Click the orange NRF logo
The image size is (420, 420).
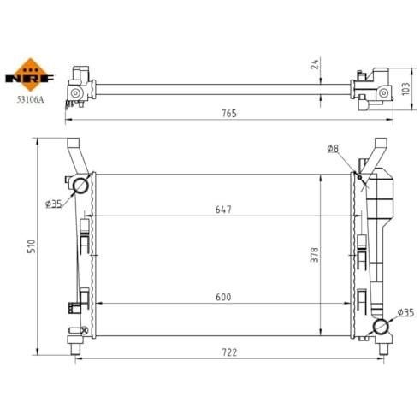30,75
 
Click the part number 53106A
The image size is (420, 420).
30,99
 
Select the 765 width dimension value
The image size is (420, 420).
229,114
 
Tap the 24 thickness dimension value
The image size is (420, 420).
315,64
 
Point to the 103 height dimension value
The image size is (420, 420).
406,89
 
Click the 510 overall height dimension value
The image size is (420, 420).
31,246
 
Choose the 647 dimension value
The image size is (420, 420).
223,210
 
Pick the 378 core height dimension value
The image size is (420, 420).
315,255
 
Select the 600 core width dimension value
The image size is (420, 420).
223,297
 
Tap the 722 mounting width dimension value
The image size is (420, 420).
229,352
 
